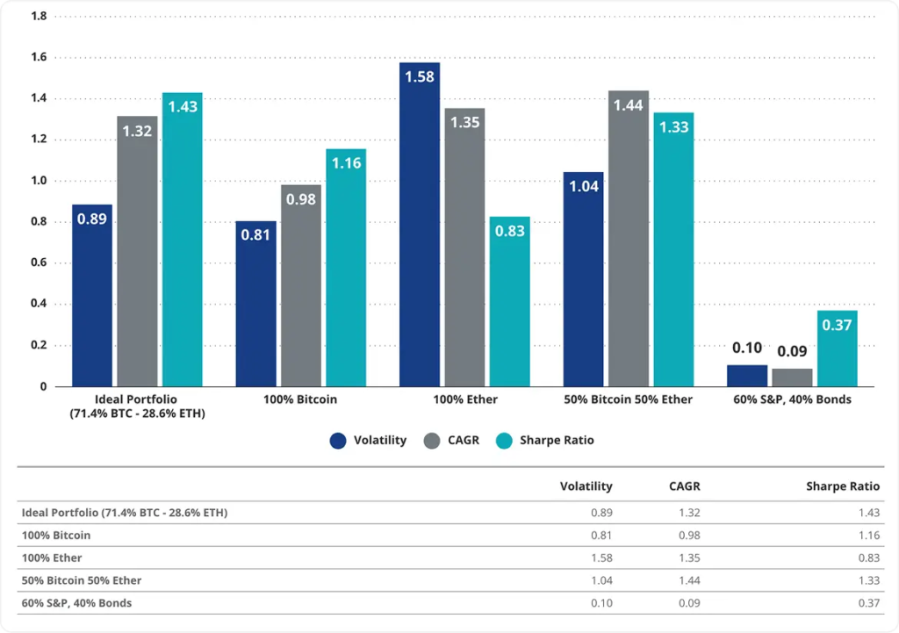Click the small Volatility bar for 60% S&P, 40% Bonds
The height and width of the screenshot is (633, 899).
747,376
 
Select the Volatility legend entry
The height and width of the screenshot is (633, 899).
369,440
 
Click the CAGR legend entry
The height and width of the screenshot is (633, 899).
451,440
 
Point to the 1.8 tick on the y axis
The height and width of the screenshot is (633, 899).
40,17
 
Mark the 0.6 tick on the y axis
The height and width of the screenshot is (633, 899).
40,263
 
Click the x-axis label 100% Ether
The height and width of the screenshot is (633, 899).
465,399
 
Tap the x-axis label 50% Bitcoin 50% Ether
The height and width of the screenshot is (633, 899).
629,399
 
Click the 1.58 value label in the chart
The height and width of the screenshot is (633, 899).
420,76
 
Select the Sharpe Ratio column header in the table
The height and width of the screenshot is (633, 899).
843,486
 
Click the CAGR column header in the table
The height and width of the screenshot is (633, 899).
684,486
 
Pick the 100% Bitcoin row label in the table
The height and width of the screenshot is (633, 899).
55,535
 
